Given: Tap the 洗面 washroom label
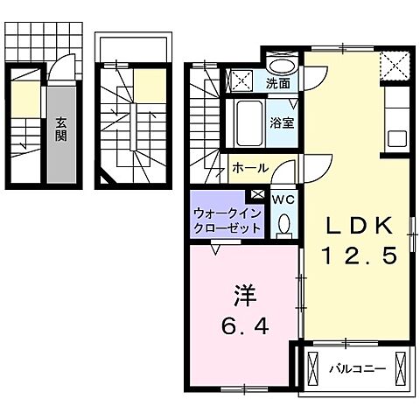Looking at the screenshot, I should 279,85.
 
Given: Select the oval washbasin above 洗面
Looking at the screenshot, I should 281,67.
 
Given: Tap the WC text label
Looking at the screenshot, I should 283,199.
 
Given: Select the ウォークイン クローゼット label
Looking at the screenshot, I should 227,219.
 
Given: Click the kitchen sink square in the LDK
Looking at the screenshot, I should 396,138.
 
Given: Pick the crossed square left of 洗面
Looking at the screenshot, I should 237,81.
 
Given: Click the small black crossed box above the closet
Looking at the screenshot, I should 257,196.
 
